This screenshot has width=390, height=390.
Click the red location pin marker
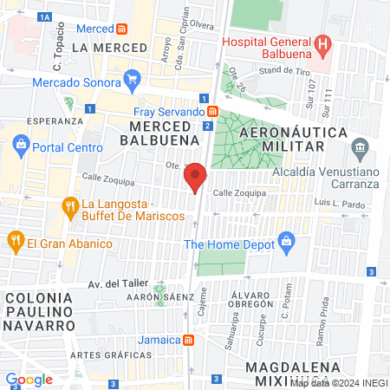click(196, 177)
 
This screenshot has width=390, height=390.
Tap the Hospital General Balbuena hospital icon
click(323, 42)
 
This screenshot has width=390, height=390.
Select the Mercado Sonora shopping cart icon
click(132, 82)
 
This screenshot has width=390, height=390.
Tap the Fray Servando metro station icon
click(212, 112)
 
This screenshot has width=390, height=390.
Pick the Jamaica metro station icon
click(187, 339)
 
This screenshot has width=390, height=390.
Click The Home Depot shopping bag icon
click(284, 244)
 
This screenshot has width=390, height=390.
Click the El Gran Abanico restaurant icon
click(15, 240)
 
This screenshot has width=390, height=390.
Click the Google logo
click(29, 379)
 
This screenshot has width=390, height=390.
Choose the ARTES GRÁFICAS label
click(105, 355)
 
